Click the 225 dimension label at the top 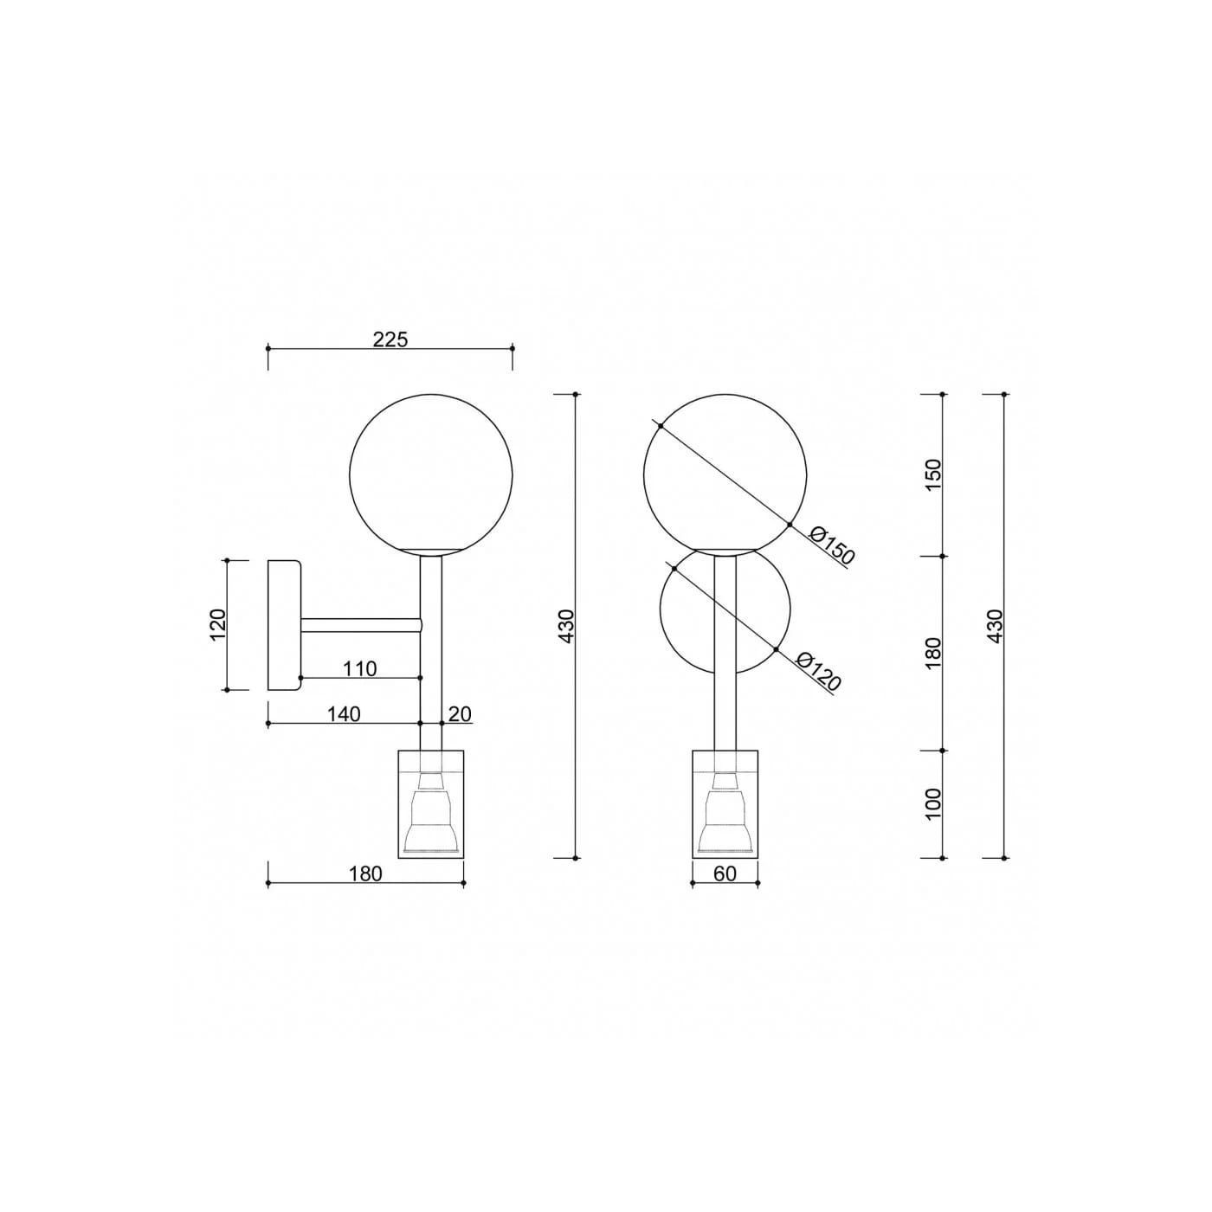pos(390,339)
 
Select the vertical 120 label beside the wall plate pos(216,624)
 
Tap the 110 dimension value pos(360,668)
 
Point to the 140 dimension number pos(344,714)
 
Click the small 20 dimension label pos(460,714)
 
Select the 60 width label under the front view pos(725,874)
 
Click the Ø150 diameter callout pos(832,546)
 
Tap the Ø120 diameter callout pos(818,671)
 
